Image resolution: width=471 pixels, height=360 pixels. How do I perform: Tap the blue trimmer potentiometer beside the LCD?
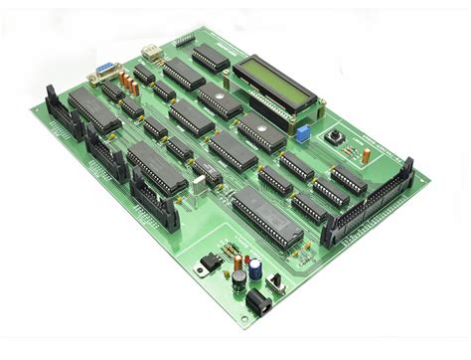(296, 130)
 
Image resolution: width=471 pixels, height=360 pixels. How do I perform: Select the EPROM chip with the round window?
(262, 130)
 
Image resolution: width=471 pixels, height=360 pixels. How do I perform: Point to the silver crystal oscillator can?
(206, 182)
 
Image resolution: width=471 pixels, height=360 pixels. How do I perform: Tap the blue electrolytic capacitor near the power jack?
(256, 270)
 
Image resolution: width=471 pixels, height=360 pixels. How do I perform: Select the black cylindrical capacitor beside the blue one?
(239, 280)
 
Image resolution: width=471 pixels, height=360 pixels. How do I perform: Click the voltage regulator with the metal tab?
(209, 262)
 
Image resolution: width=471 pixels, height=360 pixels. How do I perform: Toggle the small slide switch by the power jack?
(277, 282)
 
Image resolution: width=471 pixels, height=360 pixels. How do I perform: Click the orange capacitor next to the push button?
(366, 155)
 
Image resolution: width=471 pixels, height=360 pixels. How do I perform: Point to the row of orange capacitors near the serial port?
(127, 81)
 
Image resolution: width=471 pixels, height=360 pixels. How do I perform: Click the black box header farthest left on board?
(60, 108)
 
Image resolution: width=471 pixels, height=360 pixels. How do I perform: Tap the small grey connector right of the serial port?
(150, 54)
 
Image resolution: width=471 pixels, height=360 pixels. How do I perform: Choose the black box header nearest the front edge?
(155, 204)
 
